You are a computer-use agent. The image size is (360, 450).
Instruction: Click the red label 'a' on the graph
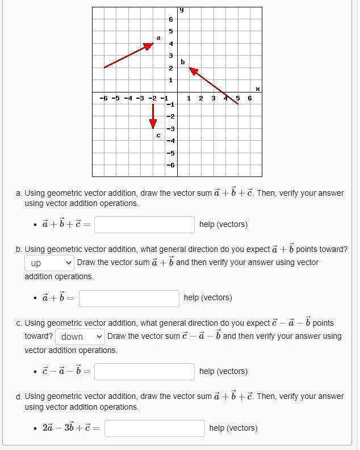coord(158,37)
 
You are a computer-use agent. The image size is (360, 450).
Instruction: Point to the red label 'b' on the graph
coord(182,61)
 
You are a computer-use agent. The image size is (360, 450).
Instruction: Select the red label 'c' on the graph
coord(158,135)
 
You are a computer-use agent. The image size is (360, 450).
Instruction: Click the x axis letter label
coord(257,89)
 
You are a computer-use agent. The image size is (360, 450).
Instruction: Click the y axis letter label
coord(182,10)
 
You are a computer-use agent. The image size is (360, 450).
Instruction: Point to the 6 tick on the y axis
coord(170,19)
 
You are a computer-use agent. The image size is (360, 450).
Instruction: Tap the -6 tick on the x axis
coord(103,98)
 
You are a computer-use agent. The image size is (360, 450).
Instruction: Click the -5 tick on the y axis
coord(169,153)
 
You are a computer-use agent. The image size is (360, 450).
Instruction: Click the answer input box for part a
coord(144,225)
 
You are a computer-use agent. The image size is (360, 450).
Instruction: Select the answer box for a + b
coord(129,298)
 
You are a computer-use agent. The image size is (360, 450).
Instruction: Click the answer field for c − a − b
coord(144,372)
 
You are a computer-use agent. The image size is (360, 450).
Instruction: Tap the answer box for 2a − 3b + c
coord(154,428)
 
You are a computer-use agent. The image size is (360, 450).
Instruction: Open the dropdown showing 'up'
coord(50,263)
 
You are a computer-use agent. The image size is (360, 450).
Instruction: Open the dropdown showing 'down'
coord(80,337)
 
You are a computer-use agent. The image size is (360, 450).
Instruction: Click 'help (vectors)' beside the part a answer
coord(223,225)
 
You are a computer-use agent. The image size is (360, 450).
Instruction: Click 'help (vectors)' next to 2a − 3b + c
coord(233,428)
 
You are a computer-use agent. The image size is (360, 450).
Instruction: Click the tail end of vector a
coord(104,68)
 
